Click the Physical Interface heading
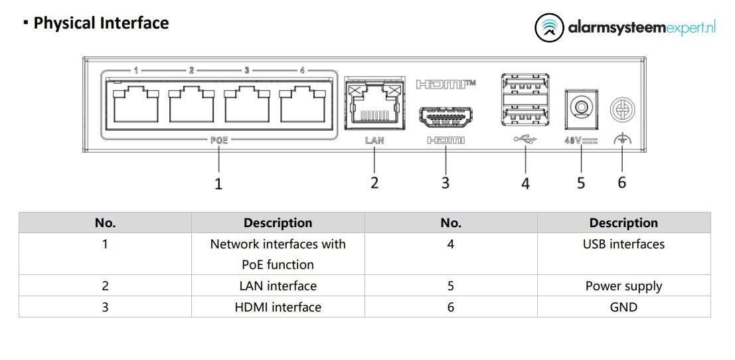[101, 23]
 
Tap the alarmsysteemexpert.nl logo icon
[548, 27]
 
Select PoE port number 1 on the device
[136, 106]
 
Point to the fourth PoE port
[302, 106]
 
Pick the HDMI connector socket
[446, 118]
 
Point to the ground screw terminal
[622, 109]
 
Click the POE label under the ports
[218, 140]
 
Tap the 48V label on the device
[581, 141]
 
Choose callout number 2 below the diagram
[374, 183]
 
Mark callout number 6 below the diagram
[622, 182]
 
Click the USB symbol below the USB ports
[525, 140]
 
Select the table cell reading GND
[623, 307]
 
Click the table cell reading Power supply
[623, 286]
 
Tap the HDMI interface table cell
[278, 307]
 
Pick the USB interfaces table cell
[623, 244]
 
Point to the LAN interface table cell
[278, 286]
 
